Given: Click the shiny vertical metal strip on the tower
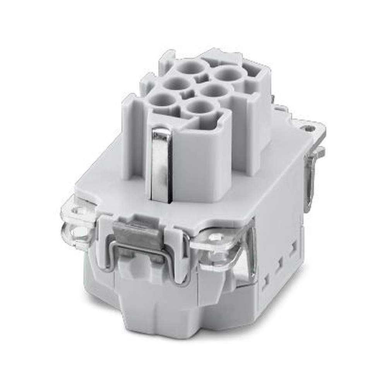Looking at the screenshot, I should point(161,163).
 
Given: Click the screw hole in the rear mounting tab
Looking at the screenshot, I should point(308,126).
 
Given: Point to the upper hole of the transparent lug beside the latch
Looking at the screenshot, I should point(80,211).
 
